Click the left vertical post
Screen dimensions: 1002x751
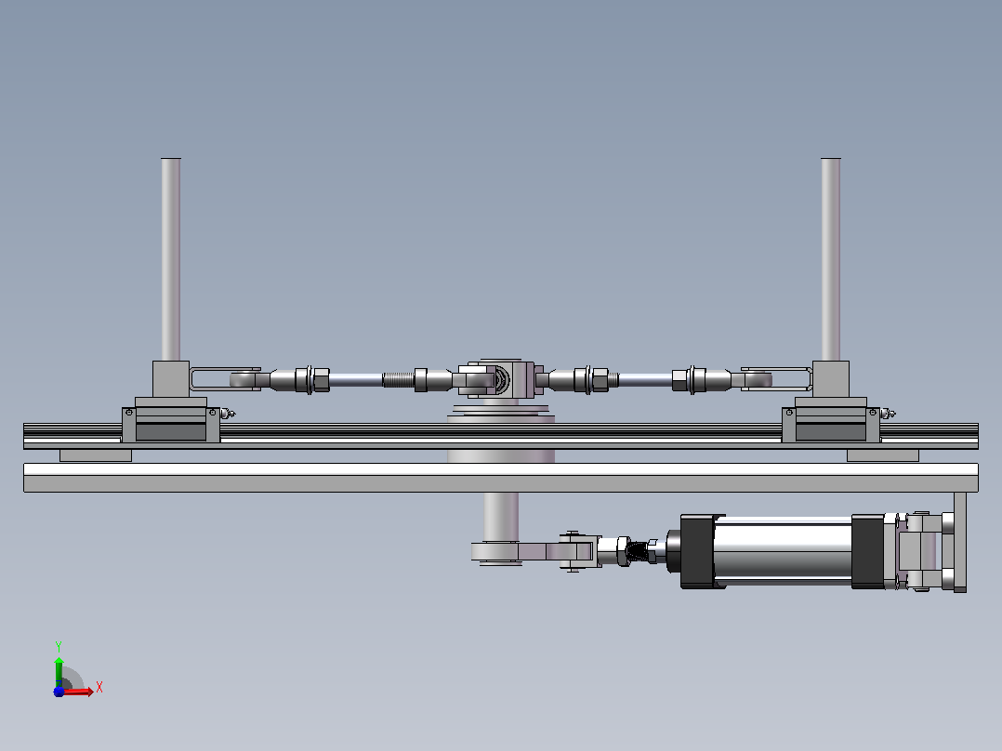[x=171, y=259]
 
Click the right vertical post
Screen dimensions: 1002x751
[x=831, y=259]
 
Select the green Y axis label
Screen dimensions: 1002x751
[x=59, y=647]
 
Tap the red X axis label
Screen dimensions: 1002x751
[x=99, y=688]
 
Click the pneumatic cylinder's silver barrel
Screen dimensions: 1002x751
[x=783, y=551]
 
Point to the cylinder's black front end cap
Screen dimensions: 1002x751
[x=697, y=551]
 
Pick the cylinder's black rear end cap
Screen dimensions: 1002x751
[x=868, y=551]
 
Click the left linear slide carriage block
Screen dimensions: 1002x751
[x=171, y=425]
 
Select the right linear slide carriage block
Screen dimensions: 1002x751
[x=831, y=425]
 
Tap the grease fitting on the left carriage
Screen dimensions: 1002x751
[x=228, y=414]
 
